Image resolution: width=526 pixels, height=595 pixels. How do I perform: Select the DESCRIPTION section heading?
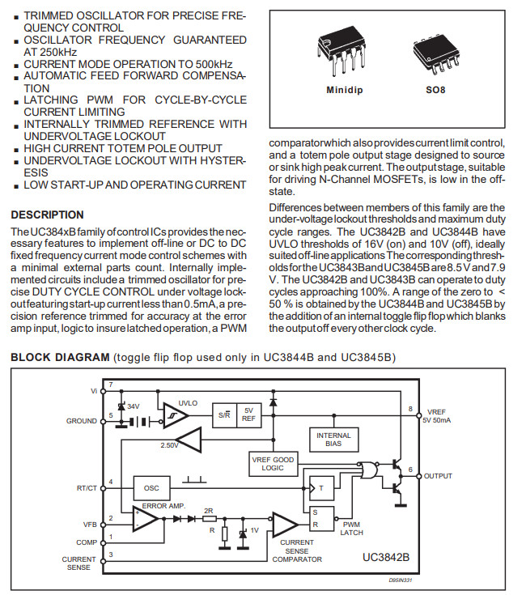click(x=46, y=215)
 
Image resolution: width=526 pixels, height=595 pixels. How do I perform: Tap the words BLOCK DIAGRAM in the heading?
click(x=59, y=357)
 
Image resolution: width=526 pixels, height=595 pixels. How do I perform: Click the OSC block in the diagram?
click(x=151, y=488)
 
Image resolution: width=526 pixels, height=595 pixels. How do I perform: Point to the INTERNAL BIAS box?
click(x=333, y=440)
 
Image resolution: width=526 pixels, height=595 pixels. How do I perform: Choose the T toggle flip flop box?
click(x=320, y=487)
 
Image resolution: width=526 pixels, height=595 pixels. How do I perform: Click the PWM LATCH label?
click(x=351, y=529)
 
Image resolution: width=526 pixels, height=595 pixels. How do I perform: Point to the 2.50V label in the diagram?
click(x=170, y=446)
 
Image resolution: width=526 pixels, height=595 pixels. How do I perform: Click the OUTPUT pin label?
click(x=438, y=476)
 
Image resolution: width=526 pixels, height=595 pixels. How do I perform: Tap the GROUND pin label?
click(x=82, y=421)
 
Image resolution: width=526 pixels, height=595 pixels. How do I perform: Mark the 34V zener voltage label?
click(x=133, y=406)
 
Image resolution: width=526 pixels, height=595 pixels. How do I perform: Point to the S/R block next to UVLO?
click(x=223, y=413)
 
